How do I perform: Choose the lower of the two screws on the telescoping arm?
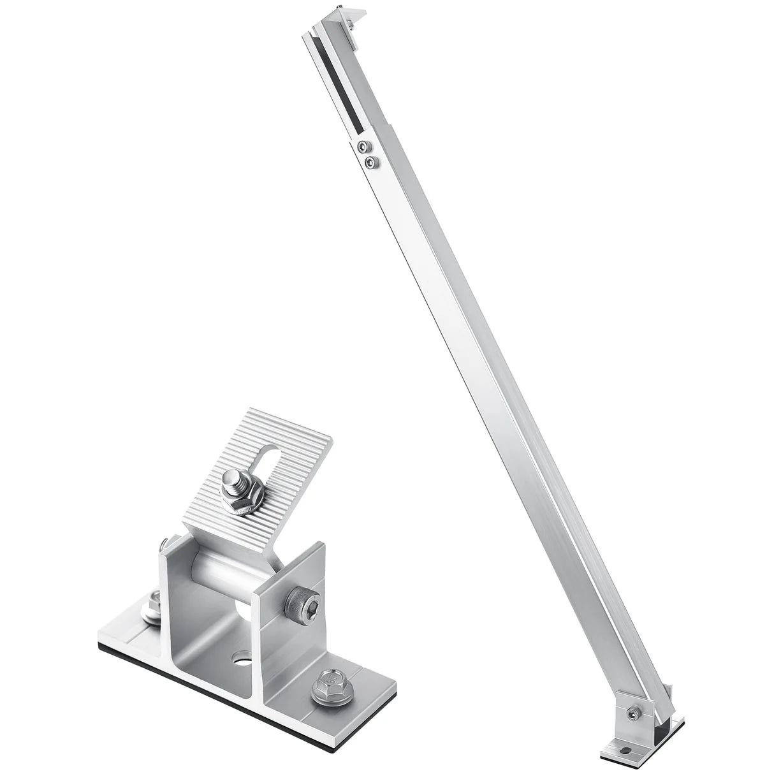pyautogui.click(x=369, y=163)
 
